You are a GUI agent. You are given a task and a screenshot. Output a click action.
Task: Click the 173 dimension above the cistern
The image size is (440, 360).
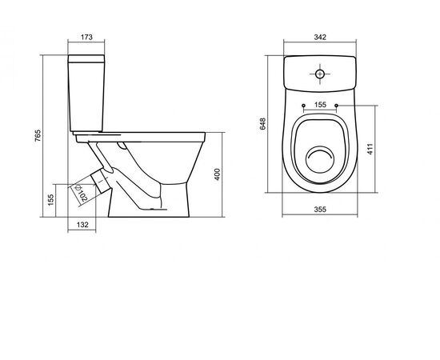[86, 37]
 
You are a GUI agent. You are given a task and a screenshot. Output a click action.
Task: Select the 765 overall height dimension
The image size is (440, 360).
[38, 135]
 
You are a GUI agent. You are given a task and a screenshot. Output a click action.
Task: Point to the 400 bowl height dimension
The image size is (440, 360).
[218, 174]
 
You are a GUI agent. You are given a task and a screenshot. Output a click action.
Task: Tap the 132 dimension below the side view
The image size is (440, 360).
[82, 225]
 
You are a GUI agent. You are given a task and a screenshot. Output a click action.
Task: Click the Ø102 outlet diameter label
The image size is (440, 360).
[81, 194]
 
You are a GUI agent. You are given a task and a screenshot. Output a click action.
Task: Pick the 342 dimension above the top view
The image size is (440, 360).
[320, 37]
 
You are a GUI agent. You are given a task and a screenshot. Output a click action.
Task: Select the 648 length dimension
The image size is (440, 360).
[262, 124]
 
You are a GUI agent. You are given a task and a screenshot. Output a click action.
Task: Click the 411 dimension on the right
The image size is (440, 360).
[370, 149]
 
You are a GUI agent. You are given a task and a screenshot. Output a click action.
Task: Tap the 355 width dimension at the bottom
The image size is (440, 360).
[320, 210]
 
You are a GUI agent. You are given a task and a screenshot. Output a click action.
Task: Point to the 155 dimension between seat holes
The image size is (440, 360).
[320, 105]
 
